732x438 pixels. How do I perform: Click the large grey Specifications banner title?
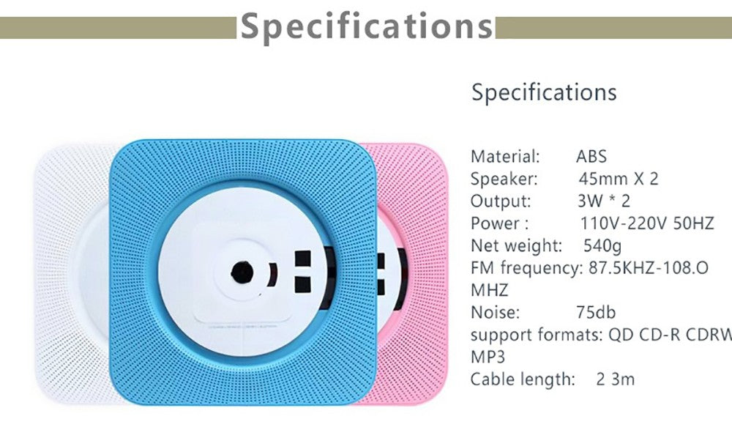click(x=367, y=26)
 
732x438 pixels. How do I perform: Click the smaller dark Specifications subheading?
click(x=543, y=93)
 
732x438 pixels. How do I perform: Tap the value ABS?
click(x=591, y=156)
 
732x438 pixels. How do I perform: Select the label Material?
click(x=505, y=156)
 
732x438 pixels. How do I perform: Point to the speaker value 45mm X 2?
click(x=618, y=179)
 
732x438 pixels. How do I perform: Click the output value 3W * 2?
click(x=603, y=201)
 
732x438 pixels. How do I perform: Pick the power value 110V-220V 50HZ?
click(x=646, y=224)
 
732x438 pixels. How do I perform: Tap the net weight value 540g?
click(x=604, y=245)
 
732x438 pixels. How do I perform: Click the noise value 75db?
click(x=596, y=313)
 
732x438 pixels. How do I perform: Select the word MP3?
click(x=488, y=357)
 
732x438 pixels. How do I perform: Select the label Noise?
click(x=495, y=313)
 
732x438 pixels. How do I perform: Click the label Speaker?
click(x=504, y=179)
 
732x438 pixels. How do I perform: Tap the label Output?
click(x=501, y=201)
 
